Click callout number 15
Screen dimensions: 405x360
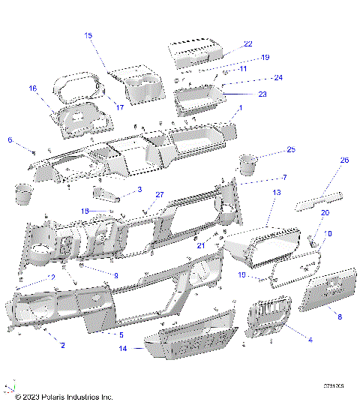88,35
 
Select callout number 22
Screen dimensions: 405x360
247,44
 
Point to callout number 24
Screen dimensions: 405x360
277,77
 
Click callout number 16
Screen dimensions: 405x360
32,88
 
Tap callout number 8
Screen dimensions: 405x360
339,317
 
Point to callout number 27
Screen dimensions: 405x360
159,195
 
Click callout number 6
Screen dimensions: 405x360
10,139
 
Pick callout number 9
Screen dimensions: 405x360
116,275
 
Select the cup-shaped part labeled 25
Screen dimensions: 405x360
248,163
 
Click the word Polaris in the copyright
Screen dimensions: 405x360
49,395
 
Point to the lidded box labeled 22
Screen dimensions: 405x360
196,55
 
